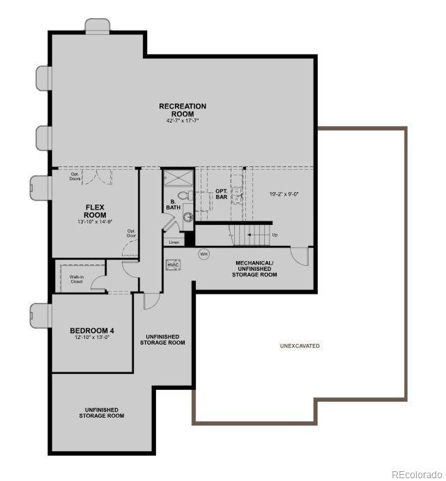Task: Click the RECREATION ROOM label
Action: pos(183,110)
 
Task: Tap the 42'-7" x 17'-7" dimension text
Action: pos(183,121)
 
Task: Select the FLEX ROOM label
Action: pos(95,211)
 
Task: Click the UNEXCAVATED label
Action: pos(300,346)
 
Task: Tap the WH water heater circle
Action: pos(204,254)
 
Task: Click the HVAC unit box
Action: pos(173,265)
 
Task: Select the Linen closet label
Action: pos(174,242)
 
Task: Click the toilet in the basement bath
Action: pos(183,196)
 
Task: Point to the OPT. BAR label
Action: pos(222,194)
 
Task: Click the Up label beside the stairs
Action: pos(275,235)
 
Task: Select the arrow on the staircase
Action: pos(259,235)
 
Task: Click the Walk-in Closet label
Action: pos(76,279)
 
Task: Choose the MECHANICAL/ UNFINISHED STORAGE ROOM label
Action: pos(254,269)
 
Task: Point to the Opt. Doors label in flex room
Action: pos(75,177)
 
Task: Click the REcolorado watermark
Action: pos(416,475)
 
